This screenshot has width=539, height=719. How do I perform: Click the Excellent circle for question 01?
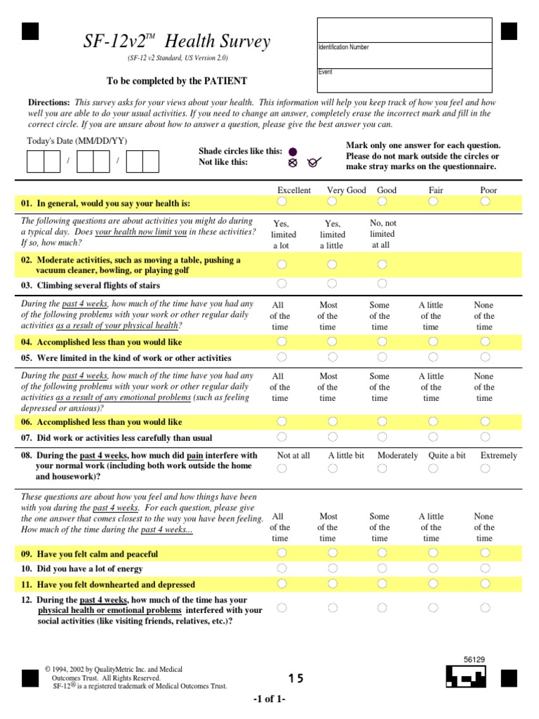(282, 202)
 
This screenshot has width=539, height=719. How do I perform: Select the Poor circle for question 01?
(486, 202)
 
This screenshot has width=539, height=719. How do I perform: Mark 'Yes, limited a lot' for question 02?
(282, 265)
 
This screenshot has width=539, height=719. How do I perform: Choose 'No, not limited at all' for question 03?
(382, 284)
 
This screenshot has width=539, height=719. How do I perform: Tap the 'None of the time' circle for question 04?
(486, 341)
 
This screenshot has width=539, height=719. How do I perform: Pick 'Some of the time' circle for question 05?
(382, 357)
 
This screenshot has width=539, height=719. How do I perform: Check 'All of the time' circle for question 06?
(282, 421)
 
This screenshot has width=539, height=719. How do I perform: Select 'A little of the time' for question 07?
(434, 437)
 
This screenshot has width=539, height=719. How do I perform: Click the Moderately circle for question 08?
(382, 468)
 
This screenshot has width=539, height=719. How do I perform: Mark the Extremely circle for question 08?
(486, 468)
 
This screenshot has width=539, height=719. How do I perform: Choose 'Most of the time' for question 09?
(332, 553)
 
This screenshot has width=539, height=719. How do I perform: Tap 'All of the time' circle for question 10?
(282, 568)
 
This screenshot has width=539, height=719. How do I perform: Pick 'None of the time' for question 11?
(486, 583)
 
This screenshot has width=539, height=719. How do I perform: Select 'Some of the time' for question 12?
(382, 607)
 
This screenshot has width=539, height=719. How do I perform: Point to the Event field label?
(325, 72)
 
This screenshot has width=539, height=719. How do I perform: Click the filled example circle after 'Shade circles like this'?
(293, 151)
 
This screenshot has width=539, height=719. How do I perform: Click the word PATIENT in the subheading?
(226, 81)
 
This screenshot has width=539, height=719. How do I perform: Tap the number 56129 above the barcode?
(475, 660)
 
